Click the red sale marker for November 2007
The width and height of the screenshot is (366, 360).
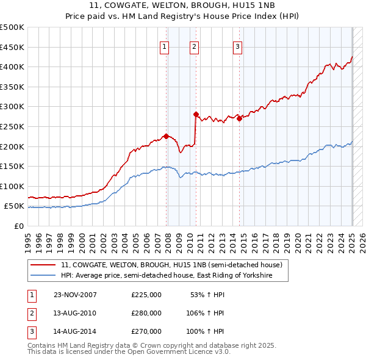pos(166,136)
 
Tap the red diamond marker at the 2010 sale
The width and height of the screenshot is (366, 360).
pos(196,114)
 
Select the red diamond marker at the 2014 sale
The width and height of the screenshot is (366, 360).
pos(239,118)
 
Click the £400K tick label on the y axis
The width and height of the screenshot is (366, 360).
pos(12,67)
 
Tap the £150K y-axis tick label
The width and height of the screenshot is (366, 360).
pos(12,166)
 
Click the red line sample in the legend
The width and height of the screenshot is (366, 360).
pos(43,265)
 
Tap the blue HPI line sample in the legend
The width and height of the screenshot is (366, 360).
pos(43,276)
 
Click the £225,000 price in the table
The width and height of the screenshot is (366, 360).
pos(146,295)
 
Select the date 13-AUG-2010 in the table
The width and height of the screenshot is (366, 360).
pos(75,313)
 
